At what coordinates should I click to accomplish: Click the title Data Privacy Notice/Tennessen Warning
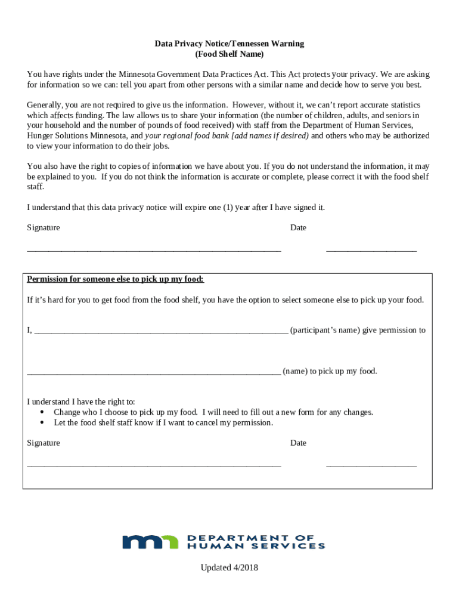pyautogui.click(x=229, y=44)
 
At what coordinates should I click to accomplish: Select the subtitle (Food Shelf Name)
pyautogui.click(x=229, y=54)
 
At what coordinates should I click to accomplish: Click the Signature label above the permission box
pyautogui.click(x=44, y=228)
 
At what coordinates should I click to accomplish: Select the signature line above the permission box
pyautogui.click(x=154, y=250)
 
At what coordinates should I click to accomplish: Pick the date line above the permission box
pyautogui.click(x=371, y=250)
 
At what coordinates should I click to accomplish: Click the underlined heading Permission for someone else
pyautogui.click(x=116, y=279)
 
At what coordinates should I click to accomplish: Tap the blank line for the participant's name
pyautogui.click(x=161, y=332)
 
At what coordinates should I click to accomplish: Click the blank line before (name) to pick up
pyautogui.click(x=154, y=373)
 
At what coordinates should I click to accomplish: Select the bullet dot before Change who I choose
pyautogui.click(x=42, y=412)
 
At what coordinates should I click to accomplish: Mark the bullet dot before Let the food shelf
pyautogui.click(x=42, y=423)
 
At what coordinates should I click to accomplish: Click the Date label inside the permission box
pyautogui.click(x=298, y=443)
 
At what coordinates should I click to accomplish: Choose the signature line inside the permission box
pyautogui.click(x=154, y=465)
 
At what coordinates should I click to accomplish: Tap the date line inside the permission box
pyautogui.click(x=371, y=465)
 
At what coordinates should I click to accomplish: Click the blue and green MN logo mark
pyautogui.click(x=150, y=542)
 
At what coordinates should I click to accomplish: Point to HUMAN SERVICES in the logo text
pyautogui.click(x=256, y=545)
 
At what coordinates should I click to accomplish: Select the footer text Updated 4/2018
pyautogui.click(x=229, y=567)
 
